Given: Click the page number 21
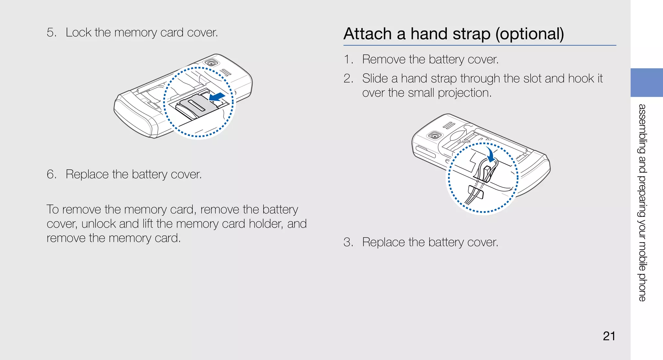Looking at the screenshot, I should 609,336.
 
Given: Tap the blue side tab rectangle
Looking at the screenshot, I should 646,83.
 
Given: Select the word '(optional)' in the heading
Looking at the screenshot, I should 530,34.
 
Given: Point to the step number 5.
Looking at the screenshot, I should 51,33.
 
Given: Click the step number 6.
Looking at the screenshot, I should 51,174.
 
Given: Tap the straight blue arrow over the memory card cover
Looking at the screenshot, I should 217,97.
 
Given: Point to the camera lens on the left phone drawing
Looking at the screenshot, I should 212,62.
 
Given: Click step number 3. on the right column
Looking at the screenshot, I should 348,242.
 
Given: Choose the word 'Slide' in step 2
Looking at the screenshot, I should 375,79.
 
